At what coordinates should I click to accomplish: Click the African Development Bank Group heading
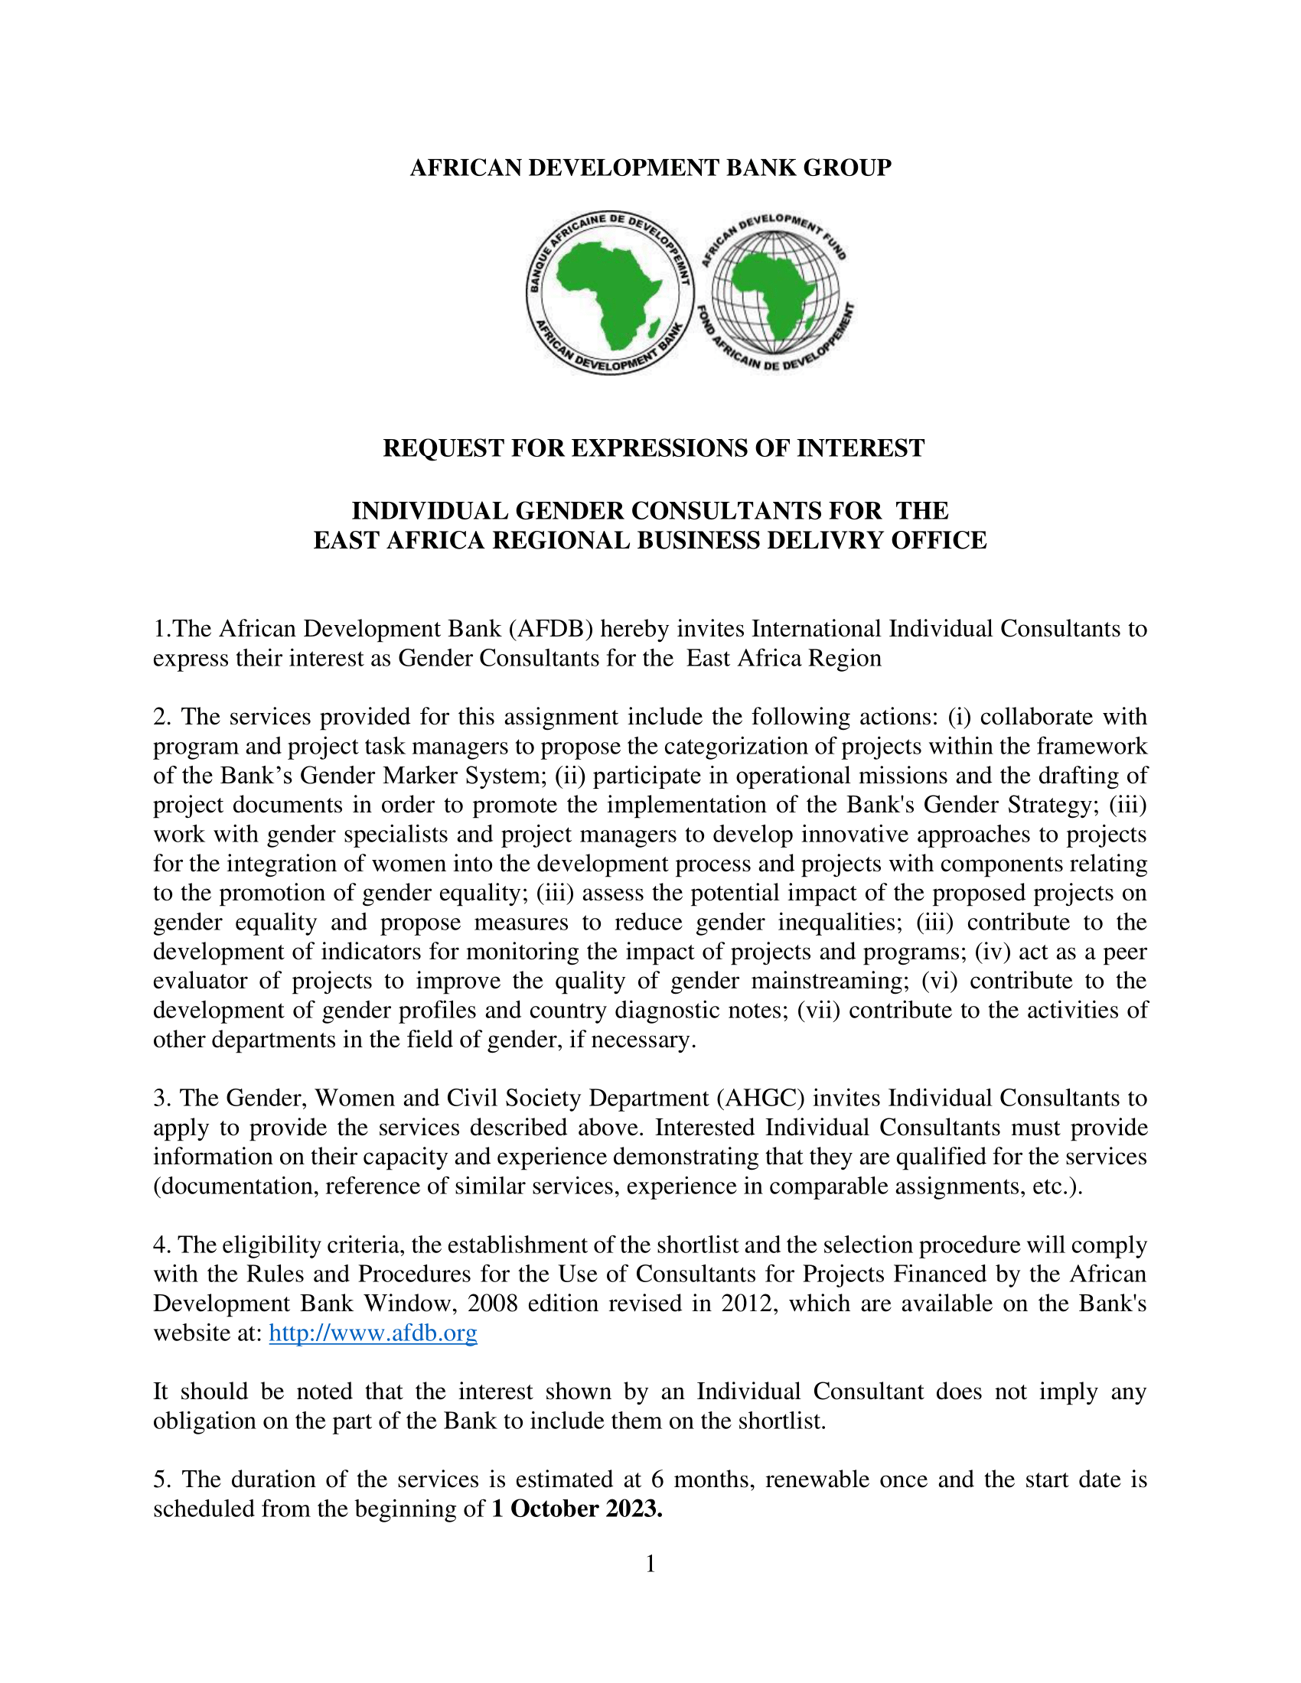pos(650,168)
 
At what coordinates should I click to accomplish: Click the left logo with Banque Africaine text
pos(610,294)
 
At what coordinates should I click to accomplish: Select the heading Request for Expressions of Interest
pos(654,448)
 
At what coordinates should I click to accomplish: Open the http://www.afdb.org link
pos(373,1333)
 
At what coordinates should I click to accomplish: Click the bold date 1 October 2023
pos(577,1508)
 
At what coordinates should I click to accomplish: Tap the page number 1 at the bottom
pos(650,1564)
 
